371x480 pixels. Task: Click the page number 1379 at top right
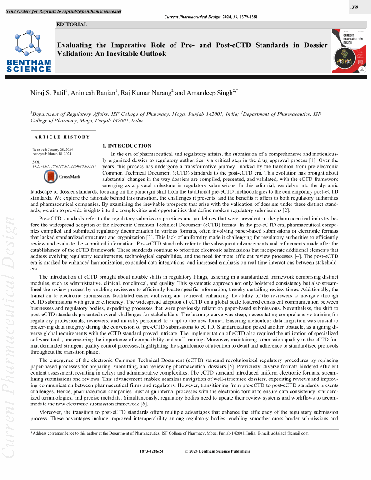click(x=355, y=7)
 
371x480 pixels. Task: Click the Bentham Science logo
click(x=29, y=50)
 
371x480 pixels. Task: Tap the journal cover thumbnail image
click(x=349, y=51)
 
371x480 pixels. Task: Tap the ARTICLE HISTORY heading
click(x=62, y=137)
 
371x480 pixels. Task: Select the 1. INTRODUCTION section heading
click(x=127, y=146)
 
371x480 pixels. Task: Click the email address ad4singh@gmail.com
click(x=287, y=433)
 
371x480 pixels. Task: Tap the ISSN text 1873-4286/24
click(x=152, y=451)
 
